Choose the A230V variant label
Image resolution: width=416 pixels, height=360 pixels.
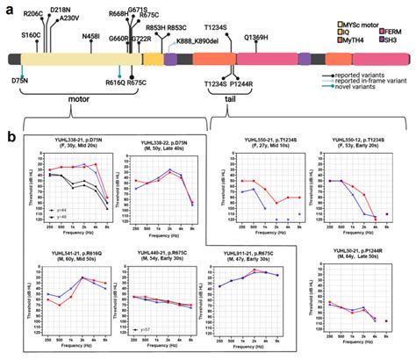(73, 18)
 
